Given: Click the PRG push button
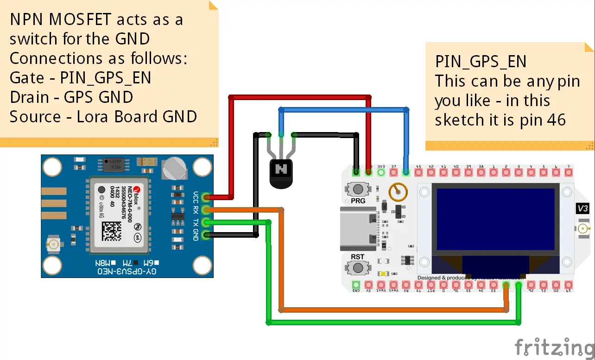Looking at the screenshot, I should (x=357, y=189).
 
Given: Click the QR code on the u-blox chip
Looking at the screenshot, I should (x=112, y=231).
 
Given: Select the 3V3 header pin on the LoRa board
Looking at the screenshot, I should (x=381, y=173).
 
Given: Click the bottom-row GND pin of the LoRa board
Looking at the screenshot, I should (x=356, y=284).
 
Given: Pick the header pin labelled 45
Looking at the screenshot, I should (x=418, y=173).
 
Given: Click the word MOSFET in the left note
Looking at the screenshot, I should (x=82, y=19).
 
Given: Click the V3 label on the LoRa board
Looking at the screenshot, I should (x=583, y=208).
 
